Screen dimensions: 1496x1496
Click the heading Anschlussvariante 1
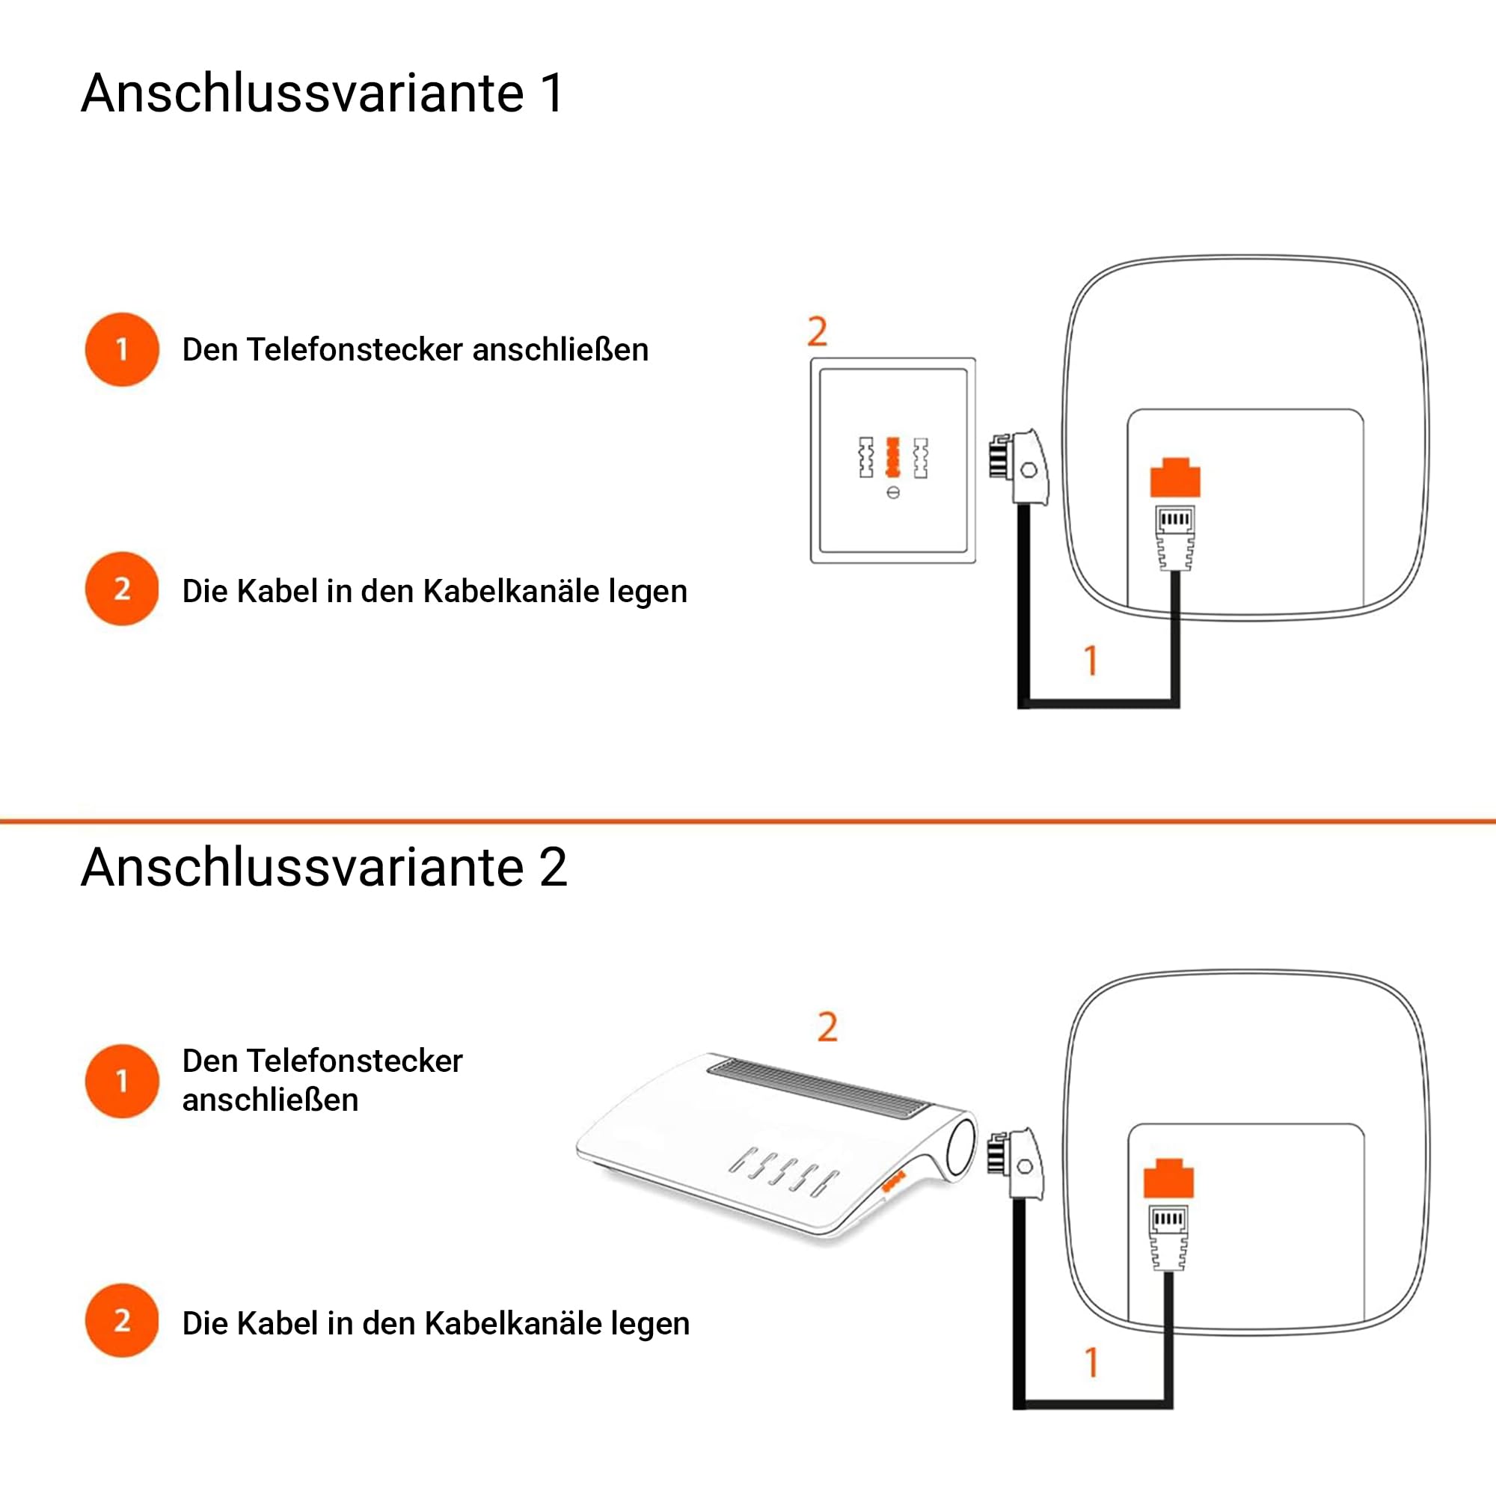coord(322,93)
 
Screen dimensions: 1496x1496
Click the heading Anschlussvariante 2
coord(325,867)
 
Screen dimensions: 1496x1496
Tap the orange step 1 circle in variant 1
coord(122,349)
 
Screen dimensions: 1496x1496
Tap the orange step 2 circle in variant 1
coord(122,589)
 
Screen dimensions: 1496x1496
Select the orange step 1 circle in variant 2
coord(122,1081)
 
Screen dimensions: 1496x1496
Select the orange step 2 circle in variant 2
coord(122,1320)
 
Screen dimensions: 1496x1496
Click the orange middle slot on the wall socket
coord(893,457)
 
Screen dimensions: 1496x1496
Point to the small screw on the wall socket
coord(893,492)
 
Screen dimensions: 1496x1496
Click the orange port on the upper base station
coord(1174,477)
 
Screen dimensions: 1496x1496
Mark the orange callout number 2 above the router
coord(828,1027)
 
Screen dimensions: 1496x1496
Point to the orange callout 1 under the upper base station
coord(1091,660)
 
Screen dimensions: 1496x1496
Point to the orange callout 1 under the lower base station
coord(1092,1363)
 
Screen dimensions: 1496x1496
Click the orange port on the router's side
coord(894,1182)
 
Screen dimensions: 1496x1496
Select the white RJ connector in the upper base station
coord(1174,537)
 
